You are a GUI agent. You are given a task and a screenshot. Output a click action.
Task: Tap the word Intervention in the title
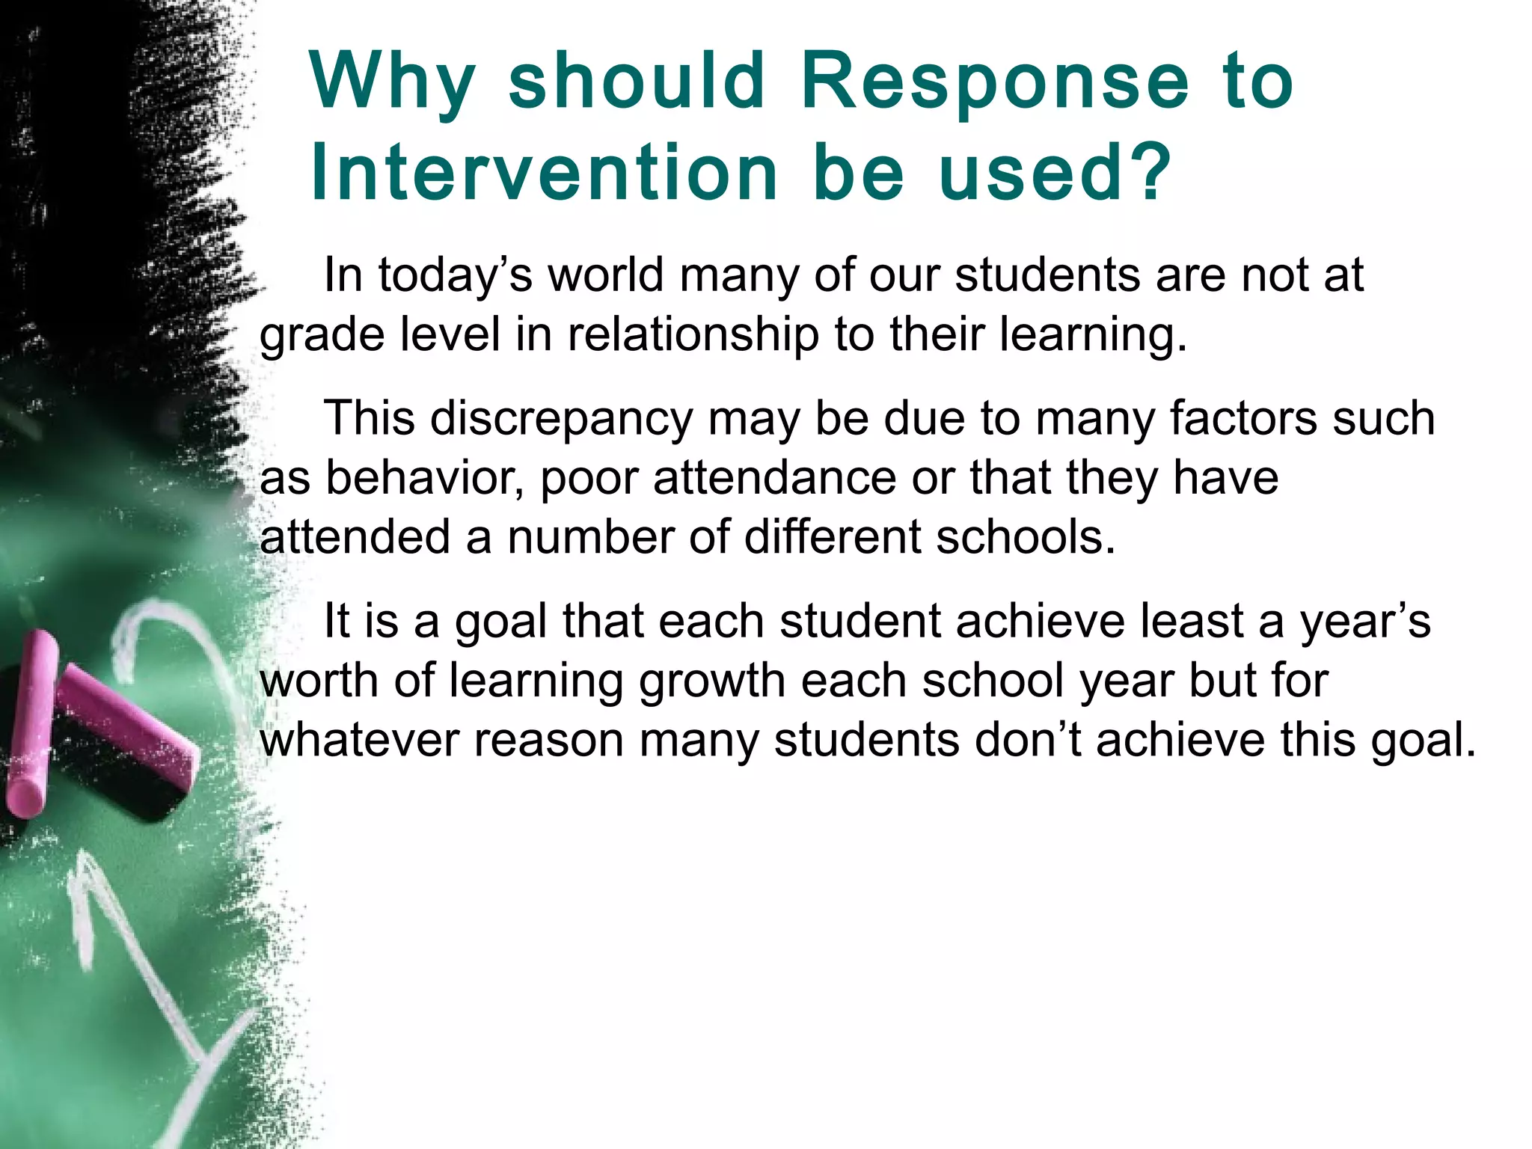(545, 174)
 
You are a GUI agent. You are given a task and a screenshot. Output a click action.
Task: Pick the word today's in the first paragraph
(455, 275)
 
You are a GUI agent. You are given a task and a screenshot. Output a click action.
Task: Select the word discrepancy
(562, 419)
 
